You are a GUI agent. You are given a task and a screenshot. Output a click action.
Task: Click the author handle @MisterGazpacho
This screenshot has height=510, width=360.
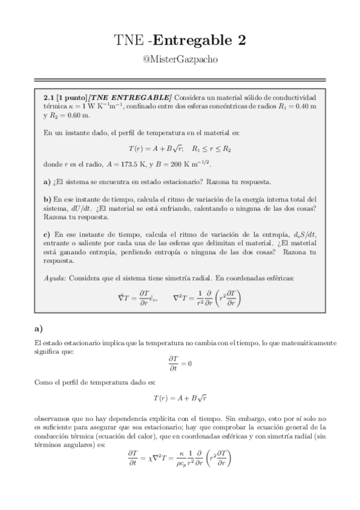coord(180,61)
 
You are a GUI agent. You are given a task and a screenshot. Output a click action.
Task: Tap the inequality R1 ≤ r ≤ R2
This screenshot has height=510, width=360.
coord(211,147)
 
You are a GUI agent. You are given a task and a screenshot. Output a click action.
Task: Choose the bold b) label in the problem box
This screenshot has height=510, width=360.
coord(47,199)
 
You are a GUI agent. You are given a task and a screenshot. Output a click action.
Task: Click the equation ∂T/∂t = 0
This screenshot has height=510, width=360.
coord(180,363)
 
